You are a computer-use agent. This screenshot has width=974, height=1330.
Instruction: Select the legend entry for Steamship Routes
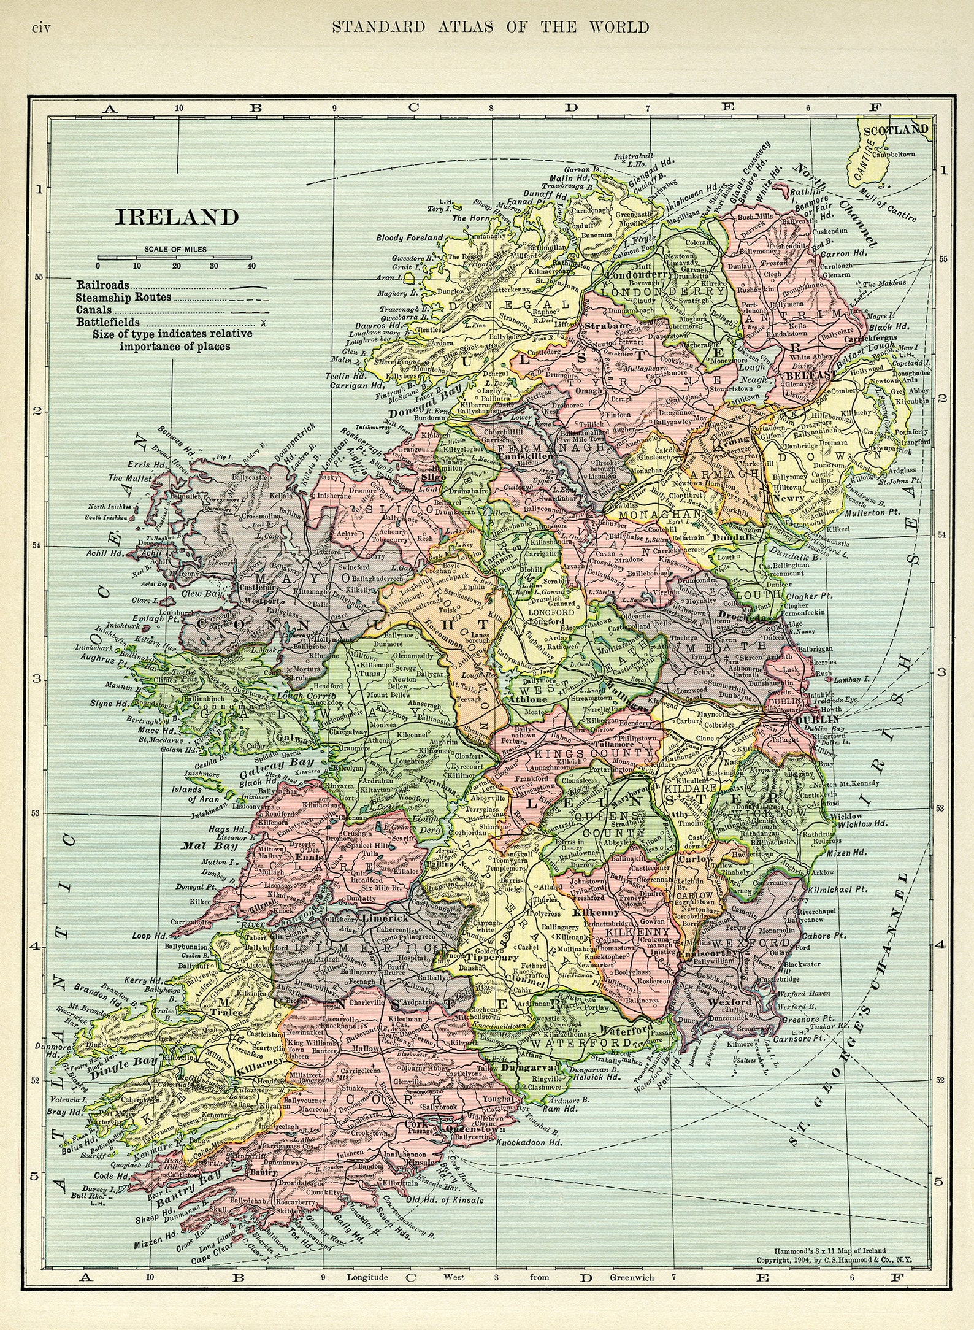coord(124,298)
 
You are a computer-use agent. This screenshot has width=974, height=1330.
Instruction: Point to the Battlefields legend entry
coord(108,322)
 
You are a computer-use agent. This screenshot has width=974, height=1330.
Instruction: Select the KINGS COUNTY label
coord(593,752)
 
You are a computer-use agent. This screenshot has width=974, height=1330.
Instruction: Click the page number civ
coord(47,28)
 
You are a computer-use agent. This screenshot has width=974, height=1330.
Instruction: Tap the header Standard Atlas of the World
coord(489,27)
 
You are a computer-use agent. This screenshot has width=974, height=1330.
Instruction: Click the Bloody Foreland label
coord(409,237)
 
